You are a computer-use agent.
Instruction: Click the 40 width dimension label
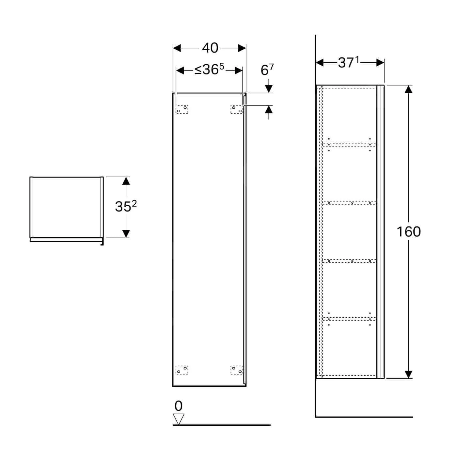click(210, 48)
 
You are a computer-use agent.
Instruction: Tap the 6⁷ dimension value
click(267, 70)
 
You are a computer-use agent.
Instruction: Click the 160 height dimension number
click(409, 232)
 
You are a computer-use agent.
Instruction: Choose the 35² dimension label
click(126, 206)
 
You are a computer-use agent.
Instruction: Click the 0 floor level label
click(179, 406)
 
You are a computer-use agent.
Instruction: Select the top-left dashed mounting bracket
click(182, 109)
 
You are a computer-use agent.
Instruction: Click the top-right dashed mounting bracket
click(237, 109)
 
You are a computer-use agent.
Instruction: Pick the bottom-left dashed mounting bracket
click(182, 370)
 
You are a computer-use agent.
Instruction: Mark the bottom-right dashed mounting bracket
click(237, 370)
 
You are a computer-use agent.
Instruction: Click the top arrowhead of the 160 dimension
click(408, 89)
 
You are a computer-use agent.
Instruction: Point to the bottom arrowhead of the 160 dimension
click(408, 375)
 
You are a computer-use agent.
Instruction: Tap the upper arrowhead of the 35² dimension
click(126, 181)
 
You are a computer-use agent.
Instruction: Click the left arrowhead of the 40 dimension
click(177, 48)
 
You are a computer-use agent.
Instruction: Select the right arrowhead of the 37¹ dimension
click(380, 62)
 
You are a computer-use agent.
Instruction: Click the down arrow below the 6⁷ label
click(269, 88)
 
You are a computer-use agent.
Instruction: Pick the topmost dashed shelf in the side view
click(349, 144)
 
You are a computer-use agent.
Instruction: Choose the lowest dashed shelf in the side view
click(349, 319)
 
